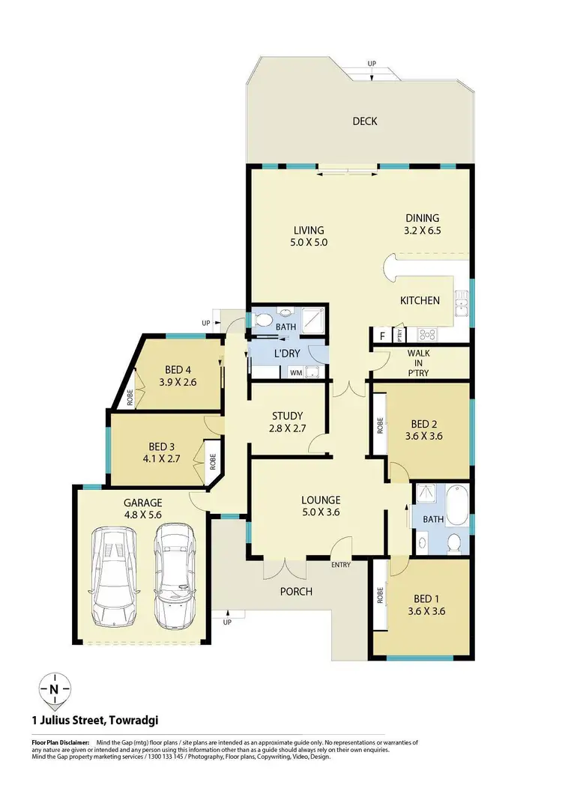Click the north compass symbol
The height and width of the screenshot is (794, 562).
(x=55, y=688)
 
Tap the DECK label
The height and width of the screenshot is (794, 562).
(x=365, y=121)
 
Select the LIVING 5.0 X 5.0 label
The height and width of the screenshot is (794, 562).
(x=308, y=236)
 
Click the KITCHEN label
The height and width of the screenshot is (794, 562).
(x=420, y=300)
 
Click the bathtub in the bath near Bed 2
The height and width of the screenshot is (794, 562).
(x=456, y=508)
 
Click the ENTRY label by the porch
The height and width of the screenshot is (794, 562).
(x=341, y=565)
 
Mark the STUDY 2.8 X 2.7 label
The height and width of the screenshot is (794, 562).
(x=288, y=422)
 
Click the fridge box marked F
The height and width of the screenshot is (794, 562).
(x=384, y=334)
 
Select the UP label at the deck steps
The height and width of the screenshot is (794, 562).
(x=372, y=64)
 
